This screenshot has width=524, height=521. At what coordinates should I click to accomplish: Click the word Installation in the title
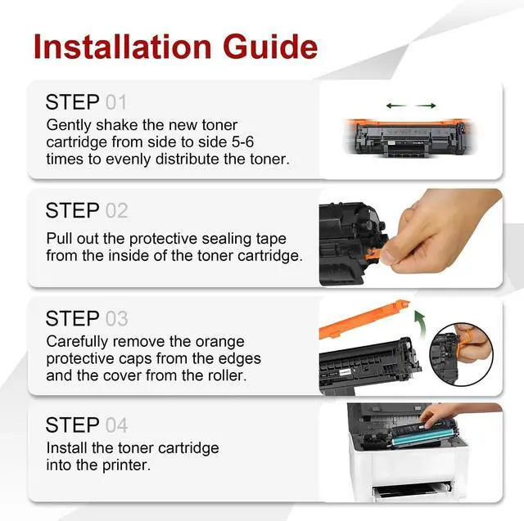123,47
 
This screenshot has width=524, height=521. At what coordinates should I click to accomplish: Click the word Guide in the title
270,47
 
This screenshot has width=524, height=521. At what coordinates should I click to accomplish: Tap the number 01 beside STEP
116,102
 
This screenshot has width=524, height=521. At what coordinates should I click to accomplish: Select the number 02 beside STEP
116,210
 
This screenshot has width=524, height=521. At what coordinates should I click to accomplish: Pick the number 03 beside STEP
116,318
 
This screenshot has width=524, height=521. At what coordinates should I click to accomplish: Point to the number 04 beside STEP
116,425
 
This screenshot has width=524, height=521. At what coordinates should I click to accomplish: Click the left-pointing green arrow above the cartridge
396,106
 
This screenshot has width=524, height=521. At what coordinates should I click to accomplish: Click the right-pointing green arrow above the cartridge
426,106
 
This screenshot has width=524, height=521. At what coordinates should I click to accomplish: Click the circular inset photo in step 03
461,354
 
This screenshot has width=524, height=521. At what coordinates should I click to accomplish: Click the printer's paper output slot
412,489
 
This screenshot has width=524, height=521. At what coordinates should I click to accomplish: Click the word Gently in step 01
69,125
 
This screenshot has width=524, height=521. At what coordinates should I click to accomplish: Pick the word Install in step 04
66,448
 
